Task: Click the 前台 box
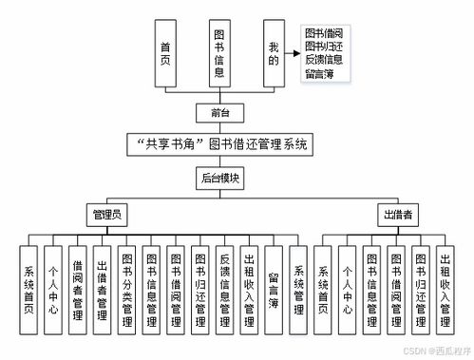pyautogui.click(x=220, y=114)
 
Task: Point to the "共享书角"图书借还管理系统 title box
pyautogui.click(x=219, y=144)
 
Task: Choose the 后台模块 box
pyautogui.click(x=220, y=177)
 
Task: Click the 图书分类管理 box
pyautogui.click(x=127, y=291)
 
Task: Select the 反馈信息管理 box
pyautogui.click(x=225, y=291)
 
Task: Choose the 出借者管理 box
pyautogui.click(x=103, y=291)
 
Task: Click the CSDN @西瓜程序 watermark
pyautogui.click(x=436, y=350)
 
